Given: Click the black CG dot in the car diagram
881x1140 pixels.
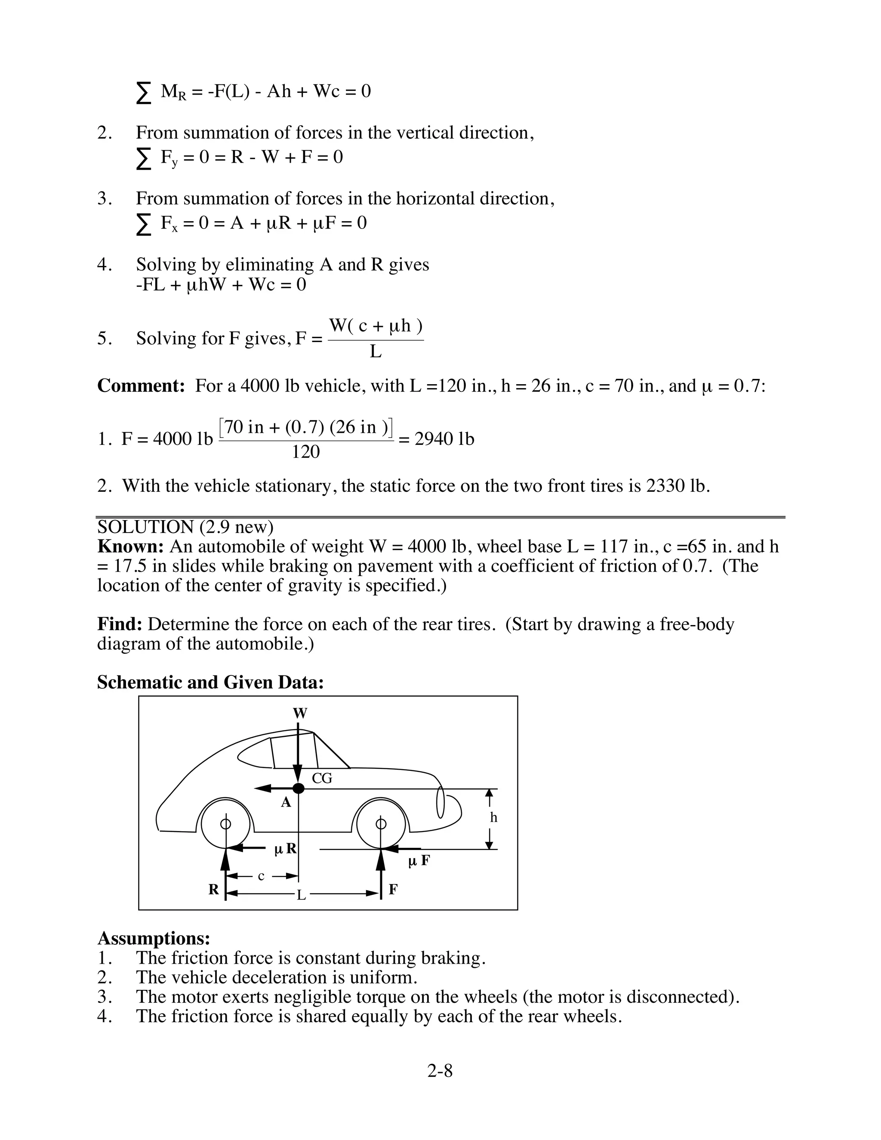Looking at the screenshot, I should point(298,788).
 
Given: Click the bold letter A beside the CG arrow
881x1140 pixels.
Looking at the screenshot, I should point(286,803).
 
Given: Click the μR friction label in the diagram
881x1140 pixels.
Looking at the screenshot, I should point(286,849).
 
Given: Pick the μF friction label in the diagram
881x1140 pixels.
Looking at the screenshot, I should point(419,861).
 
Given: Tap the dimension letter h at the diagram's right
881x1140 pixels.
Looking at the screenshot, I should point(494,818).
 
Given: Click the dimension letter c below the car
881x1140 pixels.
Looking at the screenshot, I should point(262,876).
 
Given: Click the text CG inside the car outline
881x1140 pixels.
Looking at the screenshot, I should point(322,778).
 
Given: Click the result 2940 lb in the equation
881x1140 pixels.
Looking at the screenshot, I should point(444,439).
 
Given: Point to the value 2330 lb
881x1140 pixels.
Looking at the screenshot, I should point(676,486).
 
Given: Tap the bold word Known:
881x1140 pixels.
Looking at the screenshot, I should point(131,546).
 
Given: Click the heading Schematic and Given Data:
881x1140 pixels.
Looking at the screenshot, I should point(210,682).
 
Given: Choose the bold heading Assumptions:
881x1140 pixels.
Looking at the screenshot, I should point(154,938).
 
